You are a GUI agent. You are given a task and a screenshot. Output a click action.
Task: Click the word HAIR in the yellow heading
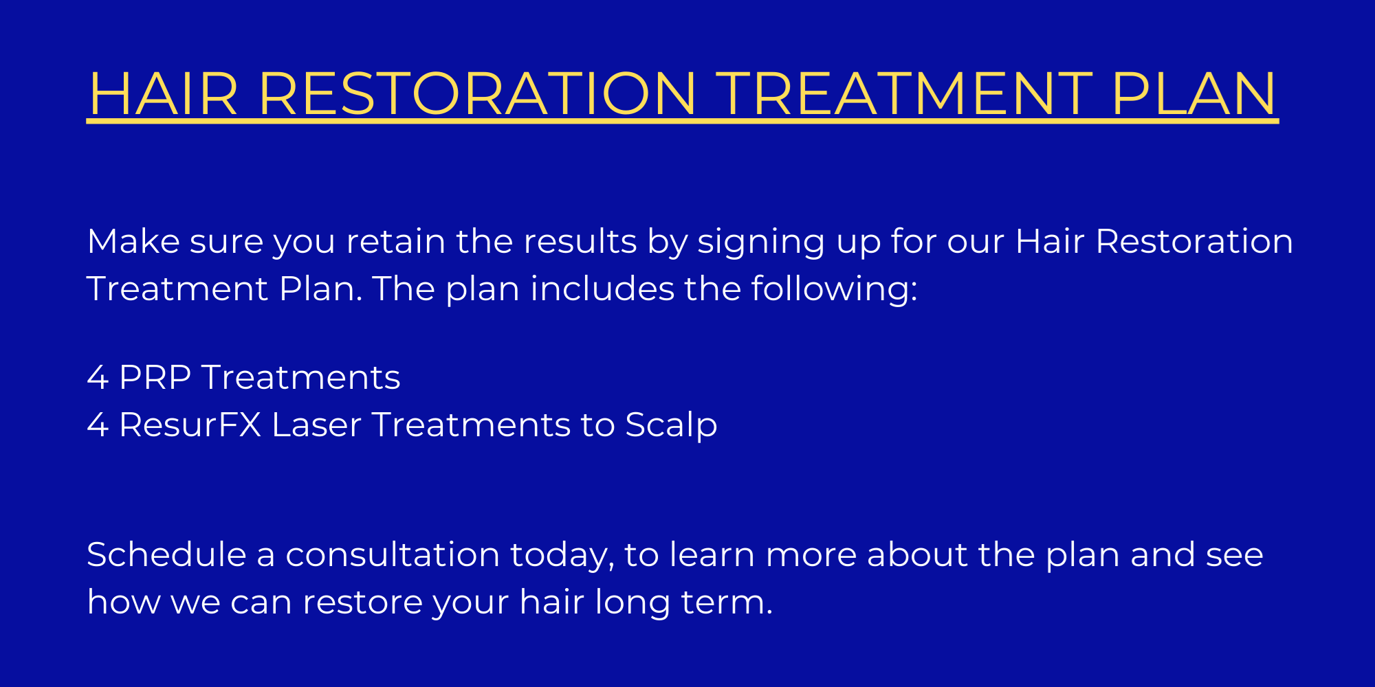pos(163,93)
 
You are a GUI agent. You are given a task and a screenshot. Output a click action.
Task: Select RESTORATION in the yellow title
pos(478,93)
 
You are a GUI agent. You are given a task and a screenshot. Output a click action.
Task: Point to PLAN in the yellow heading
pos(1194,93)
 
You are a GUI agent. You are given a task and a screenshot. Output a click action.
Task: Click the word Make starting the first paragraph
pos(133,241)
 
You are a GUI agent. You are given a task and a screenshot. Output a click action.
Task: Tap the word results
pos(580,241)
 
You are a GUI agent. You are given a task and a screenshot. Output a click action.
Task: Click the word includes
pos(602,289)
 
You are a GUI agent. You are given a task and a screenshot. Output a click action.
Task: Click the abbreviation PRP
pos(155,377)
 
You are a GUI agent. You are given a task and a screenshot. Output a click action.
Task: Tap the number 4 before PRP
pos(98,377)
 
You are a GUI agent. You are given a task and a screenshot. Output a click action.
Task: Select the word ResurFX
pos(190,425)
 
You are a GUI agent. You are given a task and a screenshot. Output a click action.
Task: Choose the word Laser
pos(316,425)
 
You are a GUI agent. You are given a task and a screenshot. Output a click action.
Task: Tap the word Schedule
pos(166,554)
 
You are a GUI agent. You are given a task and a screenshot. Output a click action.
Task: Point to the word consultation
pos(393,554)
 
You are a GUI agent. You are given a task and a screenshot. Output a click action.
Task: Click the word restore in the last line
pos(362,602)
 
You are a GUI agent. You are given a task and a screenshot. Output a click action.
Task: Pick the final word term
pos(727,602)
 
